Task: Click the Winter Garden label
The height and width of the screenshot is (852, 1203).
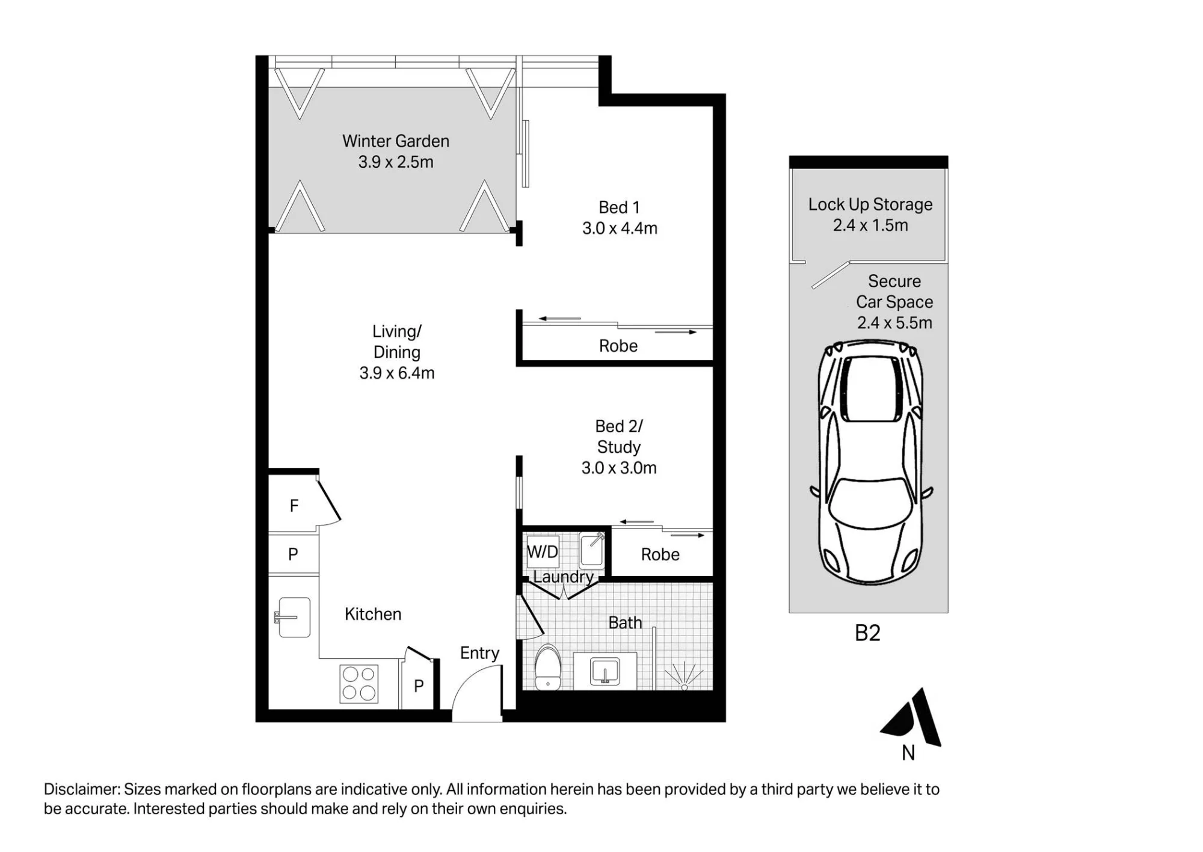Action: pos(396,141)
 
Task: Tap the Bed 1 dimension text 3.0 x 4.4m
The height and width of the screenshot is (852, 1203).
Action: pos(620,228)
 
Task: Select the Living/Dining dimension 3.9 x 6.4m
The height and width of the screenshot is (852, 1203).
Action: pos(397,373)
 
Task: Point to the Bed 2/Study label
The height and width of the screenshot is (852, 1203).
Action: pos(619,437)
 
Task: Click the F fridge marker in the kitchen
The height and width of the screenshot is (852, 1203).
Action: pos(294,506)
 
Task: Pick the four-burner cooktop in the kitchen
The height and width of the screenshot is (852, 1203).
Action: pos(359,683)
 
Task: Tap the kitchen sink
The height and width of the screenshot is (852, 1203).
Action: pos(293,617)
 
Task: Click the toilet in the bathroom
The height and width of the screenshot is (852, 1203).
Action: pos(547,667)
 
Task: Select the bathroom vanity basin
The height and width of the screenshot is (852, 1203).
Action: pos(605,671)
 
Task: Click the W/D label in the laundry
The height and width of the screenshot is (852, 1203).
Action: pos(543,551)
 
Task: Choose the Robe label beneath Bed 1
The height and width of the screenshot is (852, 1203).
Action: pos(618,346)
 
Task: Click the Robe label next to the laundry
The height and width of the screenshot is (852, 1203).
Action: pos(660,554)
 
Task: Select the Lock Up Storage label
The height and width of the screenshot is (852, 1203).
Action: pos(870,204)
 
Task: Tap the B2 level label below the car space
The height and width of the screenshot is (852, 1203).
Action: pos(867,633)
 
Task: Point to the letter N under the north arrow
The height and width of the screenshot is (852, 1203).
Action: pos(908,753)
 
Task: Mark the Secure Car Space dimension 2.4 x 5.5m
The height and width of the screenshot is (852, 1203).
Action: pos(895,323)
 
